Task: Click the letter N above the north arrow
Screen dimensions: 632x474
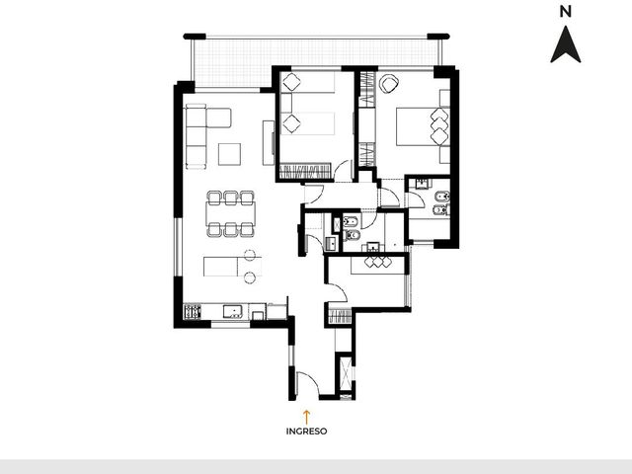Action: point(566,12)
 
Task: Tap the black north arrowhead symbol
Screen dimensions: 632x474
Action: point(566,45)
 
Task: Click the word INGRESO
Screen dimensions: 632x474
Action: point(306,432)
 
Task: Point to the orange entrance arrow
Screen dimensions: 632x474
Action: point(306,417)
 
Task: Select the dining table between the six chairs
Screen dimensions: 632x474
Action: point(230,213)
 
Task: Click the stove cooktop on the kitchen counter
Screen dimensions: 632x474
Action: point(193,312)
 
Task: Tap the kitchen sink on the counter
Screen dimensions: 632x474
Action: point(233,311)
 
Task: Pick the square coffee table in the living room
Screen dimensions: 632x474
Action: point(229,154)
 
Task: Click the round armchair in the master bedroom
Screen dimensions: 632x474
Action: point(388,83)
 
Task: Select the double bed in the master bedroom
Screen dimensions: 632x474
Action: point(423,126)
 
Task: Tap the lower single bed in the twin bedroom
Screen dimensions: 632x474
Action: point(307,123)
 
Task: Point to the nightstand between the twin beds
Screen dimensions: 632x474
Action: point(286,103)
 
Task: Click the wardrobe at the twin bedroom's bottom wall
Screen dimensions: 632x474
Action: point(305,171)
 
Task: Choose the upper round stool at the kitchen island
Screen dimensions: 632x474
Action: point(250,255)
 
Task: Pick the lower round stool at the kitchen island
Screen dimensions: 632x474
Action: point(250,277)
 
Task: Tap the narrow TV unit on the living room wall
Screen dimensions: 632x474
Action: point(269,142)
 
